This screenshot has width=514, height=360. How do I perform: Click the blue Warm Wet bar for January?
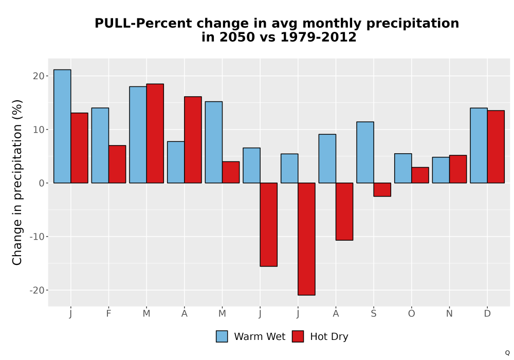pyautogui.click(x=62, y=126)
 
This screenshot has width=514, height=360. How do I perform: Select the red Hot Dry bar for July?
pyautogui.click(x=306, y=239)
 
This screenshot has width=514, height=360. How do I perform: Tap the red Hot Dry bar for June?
pyautogui.click(x=269, y=225)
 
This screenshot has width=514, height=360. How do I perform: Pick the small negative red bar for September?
pyautogui.click(x=382, y=189)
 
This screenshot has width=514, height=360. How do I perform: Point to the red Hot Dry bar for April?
pyautogui.click(x=193, y=140)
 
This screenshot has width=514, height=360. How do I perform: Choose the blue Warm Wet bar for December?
pyautogui.click(x=479, y=145)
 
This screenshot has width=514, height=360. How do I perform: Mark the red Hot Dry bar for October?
pyautogui.click(x=420, y=175)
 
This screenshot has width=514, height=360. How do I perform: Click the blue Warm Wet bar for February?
pyautogui.click(x=100, y=145)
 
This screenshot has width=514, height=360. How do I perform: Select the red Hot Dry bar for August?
pyautogui.click(x=344, y=211)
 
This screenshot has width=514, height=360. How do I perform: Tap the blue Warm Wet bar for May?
pyautogui.click(x=214, y=142)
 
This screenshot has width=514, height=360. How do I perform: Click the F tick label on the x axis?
pyautogui.click(x=108, y=314)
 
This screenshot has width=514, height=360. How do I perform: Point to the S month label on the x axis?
pyautogui.click(x=374, y=314)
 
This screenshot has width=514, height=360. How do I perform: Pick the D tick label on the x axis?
pyautogui.click(x=487, y=314)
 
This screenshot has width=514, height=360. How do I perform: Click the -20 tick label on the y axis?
pyautogui.click(x=36, y=290)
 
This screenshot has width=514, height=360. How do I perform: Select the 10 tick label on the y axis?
pyautogui.click(x=39, y=130)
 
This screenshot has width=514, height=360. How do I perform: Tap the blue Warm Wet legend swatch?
pyautogui.click(x=222, y=336)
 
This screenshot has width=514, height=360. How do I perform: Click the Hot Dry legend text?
pyautogui.click(x=329, y=337)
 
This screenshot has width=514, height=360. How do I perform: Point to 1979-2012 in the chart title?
pyautogui.click(x=318, y=37)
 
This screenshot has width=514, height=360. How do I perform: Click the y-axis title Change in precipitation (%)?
pyautogui.click(x=17, y=182)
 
